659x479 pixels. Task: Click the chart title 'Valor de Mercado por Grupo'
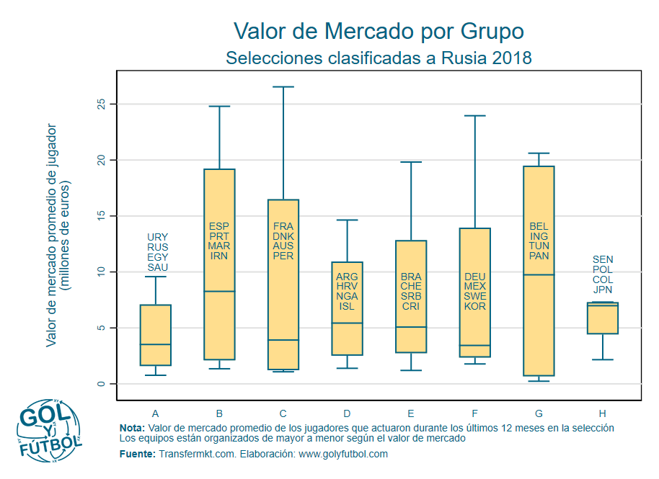pos(379,32)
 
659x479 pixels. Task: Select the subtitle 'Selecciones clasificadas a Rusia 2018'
pos(379,58)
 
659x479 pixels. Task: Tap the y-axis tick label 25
pos(102,104)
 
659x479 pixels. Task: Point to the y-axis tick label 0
pos(102,384)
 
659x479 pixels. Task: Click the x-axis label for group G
pos(539,413)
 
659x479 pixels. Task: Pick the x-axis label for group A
pos(156,413)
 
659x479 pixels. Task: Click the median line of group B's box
pos(219,291)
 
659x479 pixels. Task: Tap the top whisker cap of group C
pos(283,87)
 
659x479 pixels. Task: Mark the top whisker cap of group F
pos(474,116)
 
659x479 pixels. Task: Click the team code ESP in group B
pos(219,225)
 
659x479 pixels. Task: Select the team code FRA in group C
pos(283,225)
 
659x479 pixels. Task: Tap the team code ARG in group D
pos(347,277)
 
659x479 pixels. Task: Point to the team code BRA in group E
pos(410,277)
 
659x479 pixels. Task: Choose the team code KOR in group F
pos(474,306)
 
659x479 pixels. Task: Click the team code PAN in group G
pos(539,256)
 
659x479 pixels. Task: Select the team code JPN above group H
pos(602,290)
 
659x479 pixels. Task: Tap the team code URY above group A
pos(157,237)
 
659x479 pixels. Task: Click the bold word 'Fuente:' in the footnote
pos(137,454)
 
